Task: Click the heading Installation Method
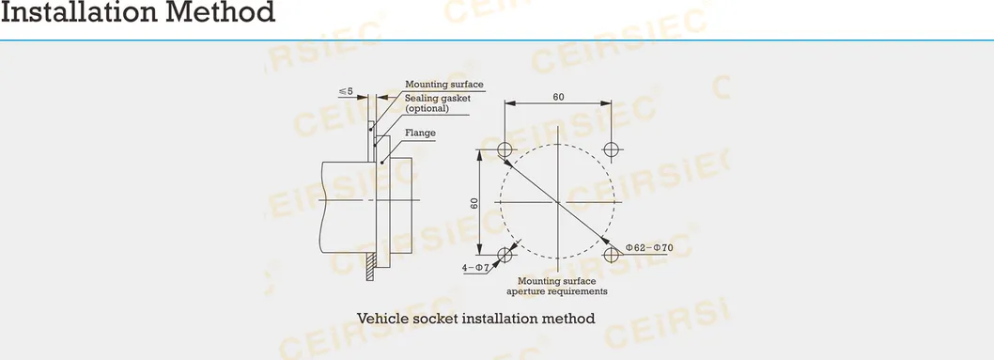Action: coord(138,13)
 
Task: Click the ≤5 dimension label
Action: coord(346,91)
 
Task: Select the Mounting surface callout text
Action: coord(443,85)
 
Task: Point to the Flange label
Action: coord(420,133)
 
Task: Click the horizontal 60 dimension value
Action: coord(558,97)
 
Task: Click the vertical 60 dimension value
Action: coord(475,202)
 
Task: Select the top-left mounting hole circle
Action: coord(505,149)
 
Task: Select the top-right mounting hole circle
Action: coord(612,149)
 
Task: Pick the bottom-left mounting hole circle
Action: coord(505,255)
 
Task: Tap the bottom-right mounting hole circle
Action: coord(612,255)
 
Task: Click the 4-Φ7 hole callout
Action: coord(476,268)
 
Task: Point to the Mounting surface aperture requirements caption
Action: coord(557,287)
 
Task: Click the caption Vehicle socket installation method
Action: coord(475,318)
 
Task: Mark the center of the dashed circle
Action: coord(558,202)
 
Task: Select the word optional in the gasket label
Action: coord(427,109)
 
